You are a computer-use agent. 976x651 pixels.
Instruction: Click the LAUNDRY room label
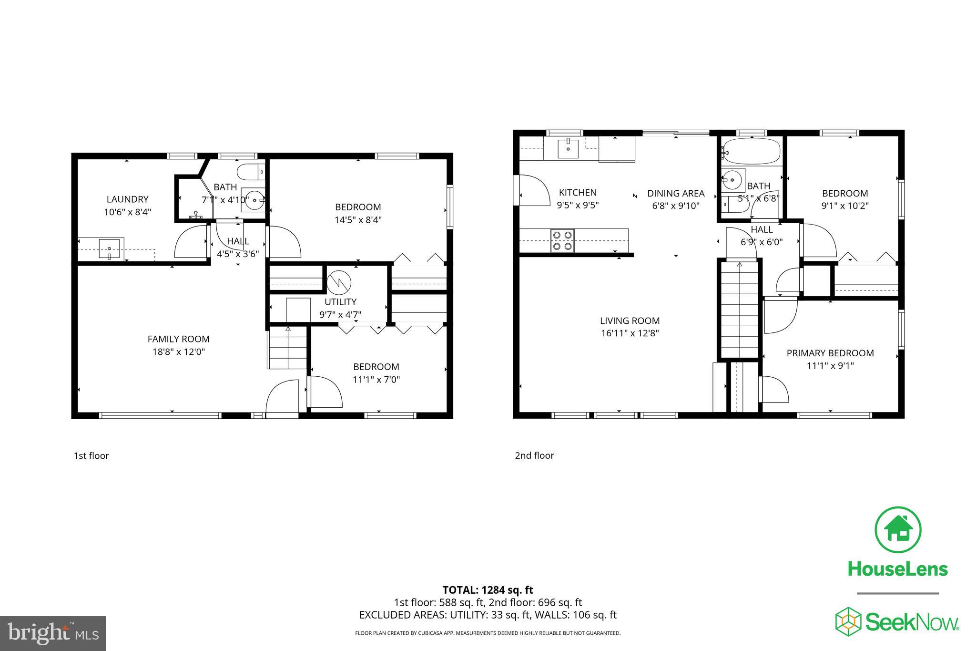coord(127,199)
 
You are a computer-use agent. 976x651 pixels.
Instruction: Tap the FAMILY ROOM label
coord(179,339)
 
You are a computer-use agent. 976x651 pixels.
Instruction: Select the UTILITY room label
coord(340,302)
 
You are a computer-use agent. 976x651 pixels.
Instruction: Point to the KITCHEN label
coord(578,193)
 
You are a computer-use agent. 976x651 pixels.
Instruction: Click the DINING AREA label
coord(676,194)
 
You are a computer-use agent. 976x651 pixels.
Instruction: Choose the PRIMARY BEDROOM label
coord(830,353)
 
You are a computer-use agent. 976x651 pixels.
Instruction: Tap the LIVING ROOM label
coord(630,321)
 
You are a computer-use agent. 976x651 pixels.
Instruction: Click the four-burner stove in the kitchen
coord(562,240)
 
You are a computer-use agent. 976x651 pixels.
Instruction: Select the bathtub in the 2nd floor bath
coord(751,152)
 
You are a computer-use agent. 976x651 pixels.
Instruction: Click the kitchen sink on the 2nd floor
coord(568,148)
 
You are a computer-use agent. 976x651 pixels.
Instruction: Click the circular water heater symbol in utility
coord(339,283)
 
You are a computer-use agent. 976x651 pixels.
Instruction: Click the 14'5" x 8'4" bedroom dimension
coord(358,220)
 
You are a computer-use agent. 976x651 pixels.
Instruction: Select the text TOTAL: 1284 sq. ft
coord(488,590)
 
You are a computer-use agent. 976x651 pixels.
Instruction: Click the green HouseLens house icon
coord(898,530)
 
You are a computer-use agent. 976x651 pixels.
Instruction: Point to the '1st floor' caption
coord(91,456)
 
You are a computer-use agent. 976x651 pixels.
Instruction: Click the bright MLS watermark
coord(53,633)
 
